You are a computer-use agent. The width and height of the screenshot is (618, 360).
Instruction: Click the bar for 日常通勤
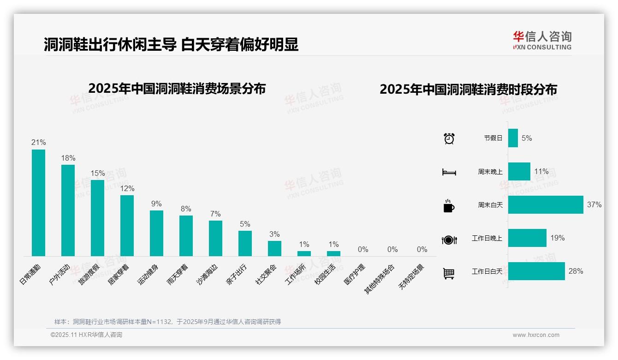pyautogui.click(x=38, y=203)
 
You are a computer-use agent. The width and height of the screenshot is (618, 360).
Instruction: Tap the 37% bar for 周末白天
pyautogui.click(x=546, y=204)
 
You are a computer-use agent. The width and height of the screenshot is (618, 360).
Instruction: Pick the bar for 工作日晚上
pyautogui.click(x=527, y=238)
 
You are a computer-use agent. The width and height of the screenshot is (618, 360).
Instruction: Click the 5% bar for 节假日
pyautogui.click(x=513, y=138)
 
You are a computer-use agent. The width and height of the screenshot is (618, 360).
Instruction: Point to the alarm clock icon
pyautogui.click(x=449, y=138)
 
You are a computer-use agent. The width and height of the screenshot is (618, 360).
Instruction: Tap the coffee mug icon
pyautogui.click(x=449, y=206)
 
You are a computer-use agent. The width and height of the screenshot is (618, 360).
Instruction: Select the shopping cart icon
pyautogui.click(x=449, y=273)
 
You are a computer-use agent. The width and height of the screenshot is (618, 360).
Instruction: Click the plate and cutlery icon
pyautogui.click(x=449, y=240)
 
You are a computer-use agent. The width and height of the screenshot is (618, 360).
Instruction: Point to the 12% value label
pyautogui.click(x=127, y=189)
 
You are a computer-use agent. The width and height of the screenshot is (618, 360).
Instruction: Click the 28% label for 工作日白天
pyautogui.click(x=576, y=271)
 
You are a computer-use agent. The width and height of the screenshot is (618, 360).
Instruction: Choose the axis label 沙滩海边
pyautogui.click(x=206, y=275)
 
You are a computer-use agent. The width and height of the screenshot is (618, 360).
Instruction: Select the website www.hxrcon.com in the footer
pyautogui.click(x=536, y=335)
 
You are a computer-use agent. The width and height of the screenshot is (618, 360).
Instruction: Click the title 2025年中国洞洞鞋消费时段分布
pyautogui.click(x=468, y=90)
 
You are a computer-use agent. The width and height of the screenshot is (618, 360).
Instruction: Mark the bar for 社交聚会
pyautogui.click(x=274, y=248)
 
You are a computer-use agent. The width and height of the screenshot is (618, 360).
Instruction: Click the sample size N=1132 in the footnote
pyautogui.click(x=160, y=322)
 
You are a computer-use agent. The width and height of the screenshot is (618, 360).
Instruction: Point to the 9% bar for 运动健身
pyautogui.click(x=156, y=233)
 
